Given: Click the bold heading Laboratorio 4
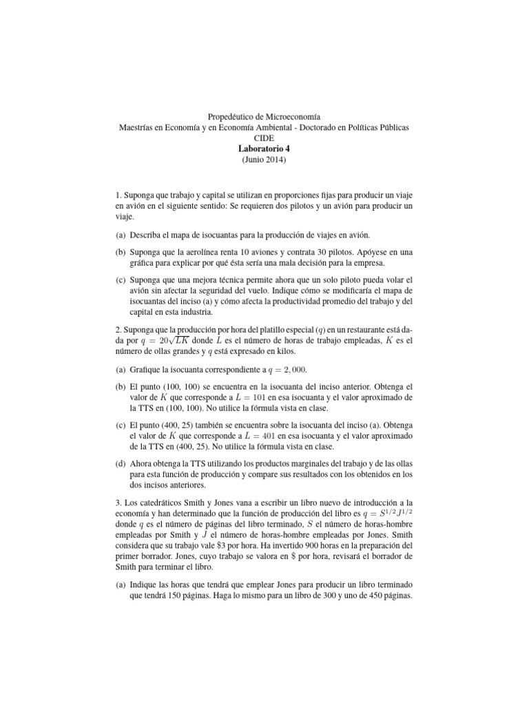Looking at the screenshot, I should pos(264,149).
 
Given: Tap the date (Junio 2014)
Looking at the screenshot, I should pos(264,160).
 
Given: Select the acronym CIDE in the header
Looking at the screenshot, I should pos(264,138).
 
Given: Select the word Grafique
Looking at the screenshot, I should pos(145,370).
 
